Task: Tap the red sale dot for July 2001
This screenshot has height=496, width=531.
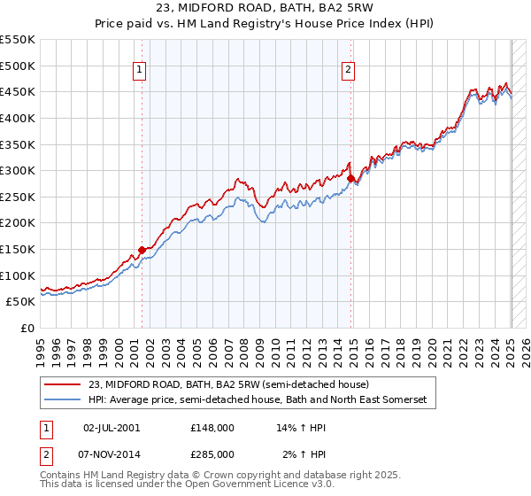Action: coord(142,251)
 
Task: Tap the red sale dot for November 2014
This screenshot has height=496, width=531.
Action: coord(350,179)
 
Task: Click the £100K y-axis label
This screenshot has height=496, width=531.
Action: coord(19,275)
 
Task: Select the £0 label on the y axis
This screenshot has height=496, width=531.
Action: coord(27,328)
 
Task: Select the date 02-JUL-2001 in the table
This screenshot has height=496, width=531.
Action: coord(112,427)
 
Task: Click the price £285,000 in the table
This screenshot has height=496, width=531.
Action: coord(212,453)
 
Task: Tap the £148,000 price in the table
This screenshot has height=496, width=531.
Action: coord(212,427)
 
